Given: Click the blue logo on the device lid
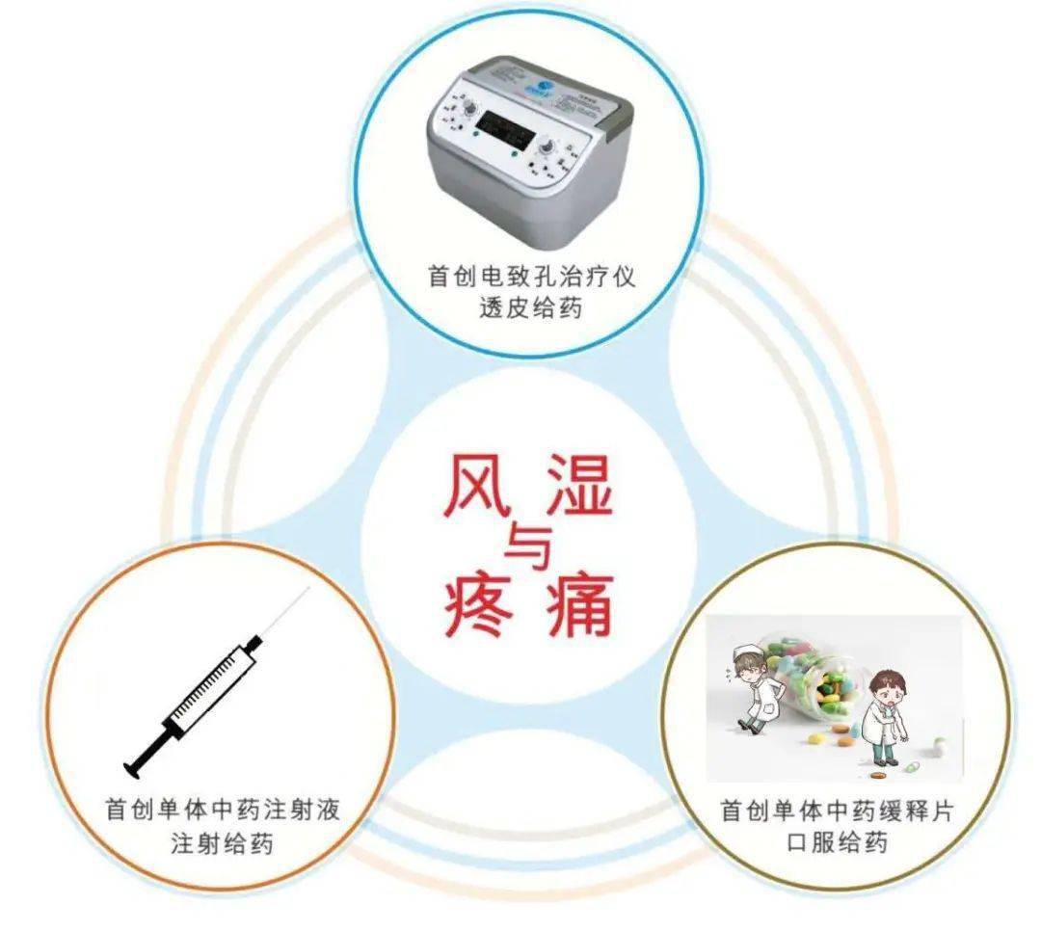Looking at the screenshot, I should [x=545, y=90].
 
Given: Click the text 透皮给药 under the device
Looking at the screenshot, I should [x=531, y=309].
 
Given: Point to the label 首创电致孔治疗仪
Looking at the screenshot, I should [x=531, y=277].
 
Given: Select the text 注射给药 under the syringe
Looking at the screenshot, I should [x=222, y=844].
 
